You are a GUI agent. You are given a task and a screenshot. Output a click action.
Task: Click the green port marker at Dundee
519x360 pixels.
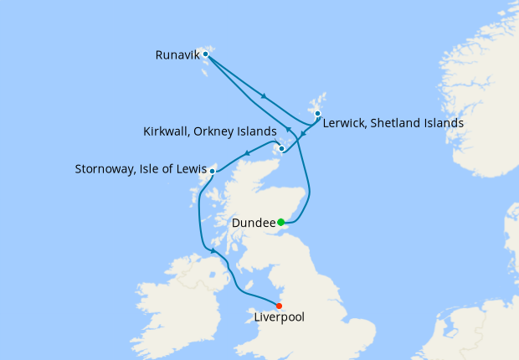click(x=281, y=222)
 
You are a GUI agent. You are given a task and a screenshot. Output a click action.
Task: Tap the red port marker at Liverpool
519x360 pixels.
click(x=279, y=306)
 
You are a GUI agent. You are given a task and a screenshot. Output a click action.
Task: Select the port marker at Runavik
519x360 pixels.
click(x=206, y=54)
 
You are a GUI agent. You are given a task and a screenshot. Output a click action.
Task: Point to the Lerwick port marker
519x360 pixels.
click(x=317, y=113)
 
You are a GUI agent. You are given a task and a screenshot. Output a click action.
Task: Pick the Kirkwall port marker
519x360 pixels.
click(x=282, y=149)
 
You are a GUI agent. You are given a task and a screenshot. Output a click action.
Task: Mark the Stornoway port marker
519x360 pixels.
click(x=213, y=172)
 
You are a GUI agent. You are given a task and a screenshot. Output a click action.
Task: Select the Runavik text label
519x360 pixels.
click(x=177, y=56)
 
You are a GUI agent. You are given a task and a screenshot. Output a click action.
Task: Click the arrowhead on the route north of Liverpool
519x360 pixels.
click(x=214, y=250)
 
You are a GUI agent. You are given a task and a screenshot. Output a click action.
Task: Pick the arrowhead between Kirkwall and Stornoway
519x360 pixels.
click(x=247, y=153)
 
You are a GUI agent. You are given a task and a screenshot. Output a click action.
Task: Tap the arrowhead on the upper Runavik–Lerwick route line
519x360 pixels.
click(x=265, y=96)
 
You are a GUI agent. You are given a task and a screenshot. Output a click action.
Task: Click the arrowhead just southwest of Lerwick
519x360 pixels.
click(x=302, y=131)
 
